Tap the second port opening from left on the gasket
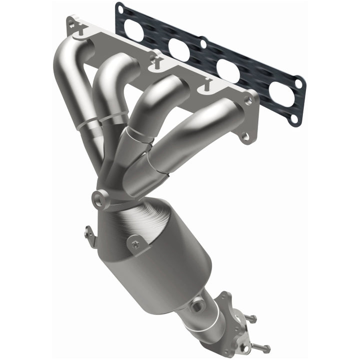pos(178,48)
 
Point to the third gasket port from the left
pos(228,70)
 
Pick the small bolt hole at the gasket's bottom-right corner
pos(294,118)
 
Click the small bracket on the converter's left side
pos(90,236)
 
